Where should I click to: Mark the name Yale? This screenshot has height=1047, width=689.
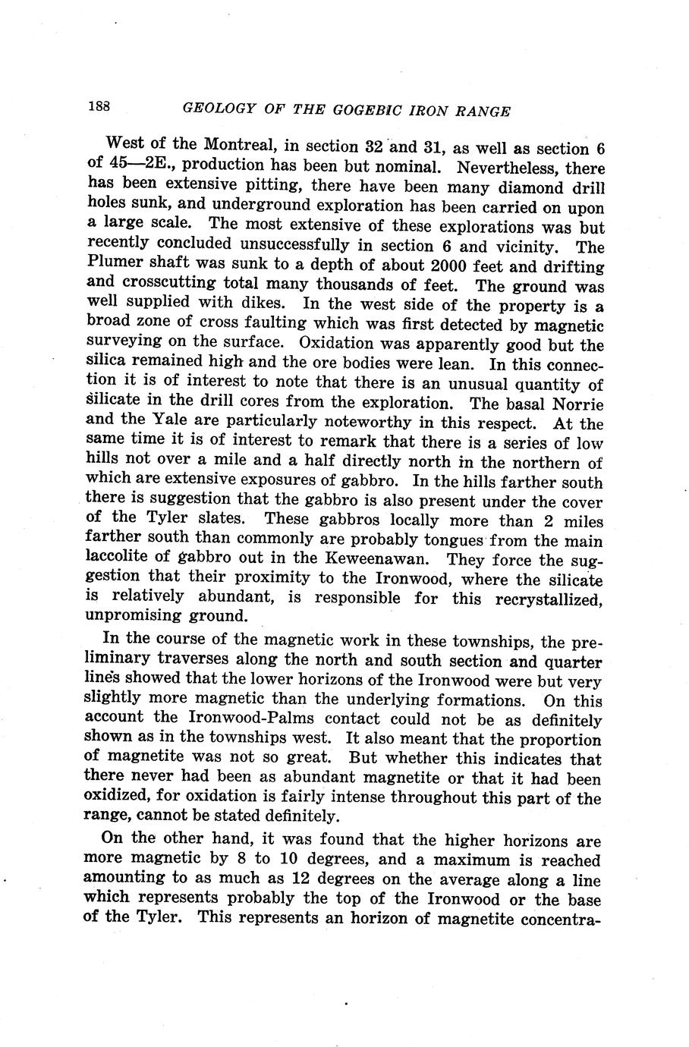pyautogui.click(x=168, y=423)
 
